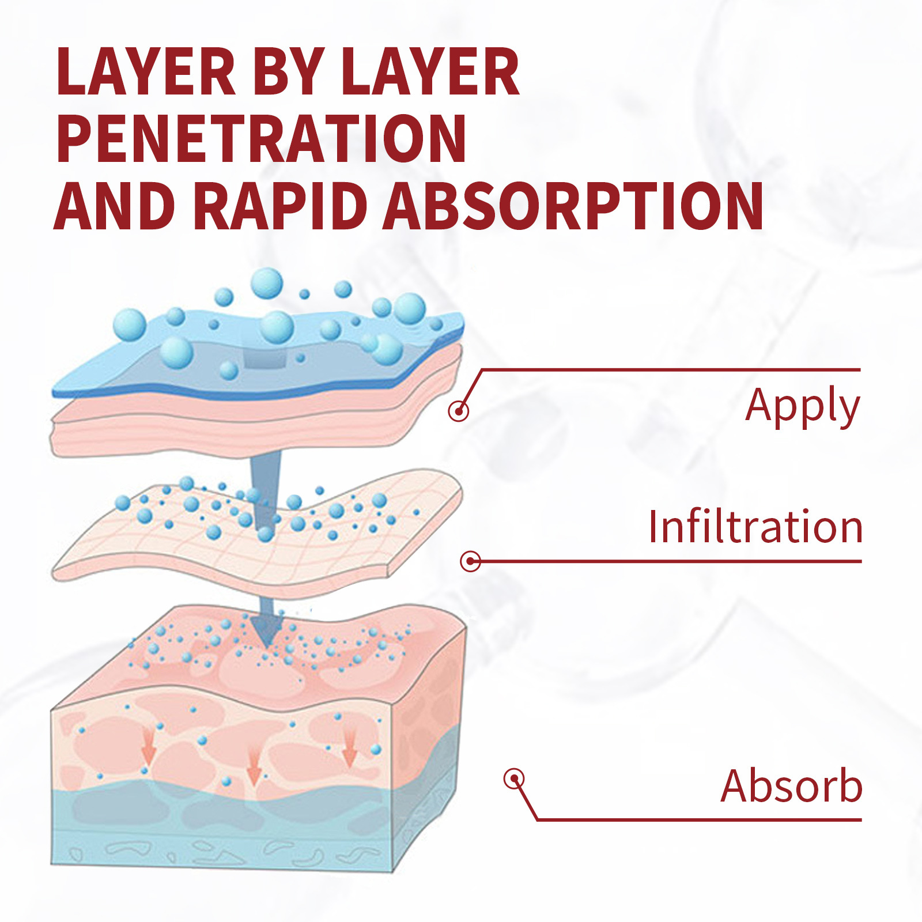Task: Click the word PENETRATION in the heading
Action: click(261, 138)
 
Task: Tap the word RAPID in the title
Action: click(280, 206)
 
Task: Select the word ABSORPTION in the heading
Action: click(573, 206)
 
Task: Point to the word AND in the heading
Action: click(115, 206)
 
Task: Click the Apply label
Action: click(803, 406)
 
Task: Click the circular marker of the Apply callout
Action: click(458, 411)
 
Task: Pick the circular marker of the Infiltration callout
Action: click(470, 561)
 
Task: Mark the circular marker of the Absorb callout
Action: click(514, 779)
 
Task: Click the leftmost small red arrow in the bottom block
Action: click(149, 746)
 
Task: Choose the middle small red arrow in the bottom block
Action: click(254, 766)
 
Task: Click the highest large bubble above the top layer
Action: click(267, 283)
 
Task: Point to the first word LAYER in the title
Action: click(146, 71)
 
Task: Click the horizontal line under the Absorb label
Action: click(699, 819)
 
